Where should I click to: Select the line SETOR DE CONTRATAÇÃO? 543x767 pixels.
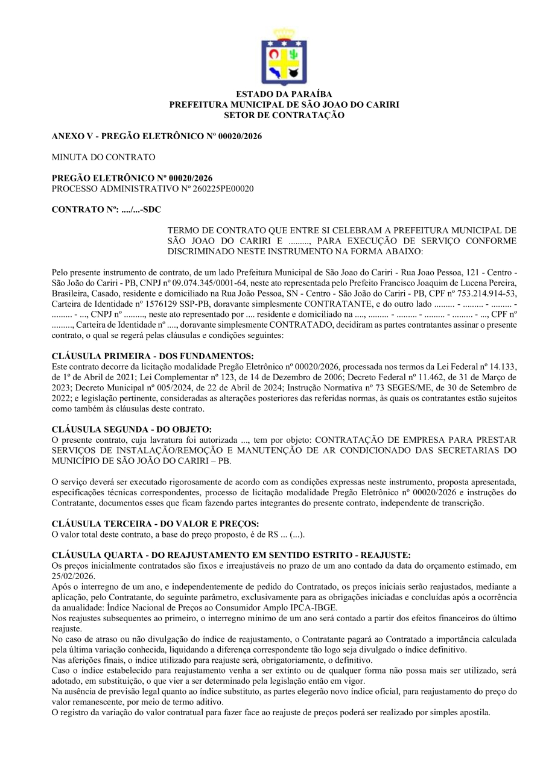click(x=284, y=114)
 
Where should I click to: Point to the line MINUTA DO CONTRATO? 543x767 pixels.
click(x=104, y=157)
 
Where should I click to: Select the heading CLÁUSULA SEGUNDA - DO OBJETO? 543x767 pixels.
click(x=132, y=429)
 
